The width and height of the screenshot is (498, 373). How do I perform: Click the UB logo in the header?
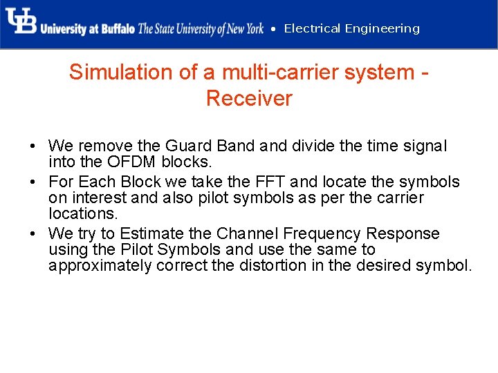[x=21, y=22]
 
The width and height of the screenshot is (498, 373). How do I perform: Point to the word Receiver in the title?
[x=249, y=98]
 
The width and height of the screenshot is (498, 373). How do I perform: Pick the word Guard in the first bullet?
[x=187, y=146]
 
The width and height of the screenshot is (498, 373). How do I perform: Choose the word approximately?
[x=100, y=266]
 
